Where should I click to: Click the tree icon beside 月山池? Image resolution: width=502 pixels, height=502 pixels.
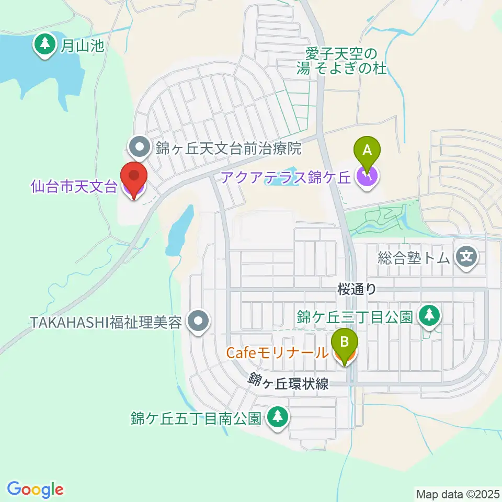click(x=45, y=46)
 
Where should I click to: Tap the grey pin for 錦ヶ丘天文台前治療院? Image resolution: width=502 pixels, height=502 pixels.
click(x=140, y=149)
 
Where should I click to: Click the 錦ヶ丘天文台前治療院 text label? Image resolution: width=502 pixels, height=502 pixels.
click(x=228, y=149)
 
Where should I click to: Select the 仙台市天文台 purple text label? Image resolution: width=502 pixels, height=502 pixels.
click(x=74, y=187)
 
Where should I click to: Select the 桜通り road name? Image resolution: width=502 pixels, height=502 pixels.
click(x=357, y=288)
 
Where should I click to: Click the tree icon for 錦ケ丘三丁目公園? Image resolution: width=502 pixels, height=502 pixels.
click(x=430, y=315)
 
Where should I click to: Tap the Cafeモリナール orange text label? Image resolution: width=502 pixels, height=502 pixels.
click(x=277, y=353)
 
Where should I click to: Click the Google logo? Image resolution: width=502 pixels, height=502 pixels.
click(x=36, y=489)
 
